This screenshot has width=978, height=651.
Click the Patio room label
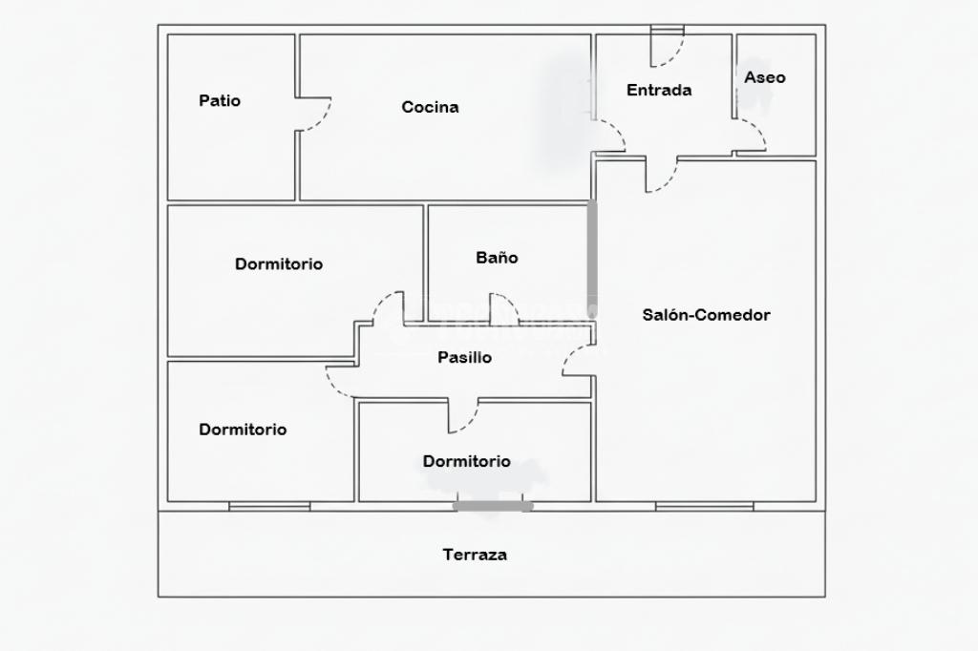[x=220, y=100]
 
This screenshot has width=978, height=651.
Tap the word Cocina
[x=430, y=107]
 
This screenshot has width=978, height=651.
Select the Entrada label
[x=659, y=91]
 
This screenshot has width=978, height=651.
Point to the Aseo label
[x=765, y=77]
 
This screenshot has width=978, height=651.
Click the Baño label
[x=497, y=258]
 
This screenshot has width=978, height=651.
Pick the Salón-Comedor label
[x=706, y=315]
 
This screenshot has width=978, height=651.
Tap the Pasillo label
[x=464, y=358]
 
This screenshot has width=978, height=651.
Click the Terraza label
[x=475, y=555]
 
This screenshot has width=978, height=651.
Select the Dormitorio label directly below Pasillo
[x=466, y=462]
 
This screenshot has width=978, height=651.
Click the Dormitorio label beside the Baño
[x=279, y=264]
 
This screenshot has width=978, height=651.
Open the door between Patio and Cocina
[x=311, y=115]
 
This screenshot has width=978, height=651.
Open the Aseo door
[x=751, y=136]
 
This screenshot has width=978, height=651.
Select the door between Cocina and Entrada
[x=609, y=136]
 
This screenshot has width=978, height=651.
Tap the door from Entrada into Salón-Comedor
[x=661, y=175]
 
